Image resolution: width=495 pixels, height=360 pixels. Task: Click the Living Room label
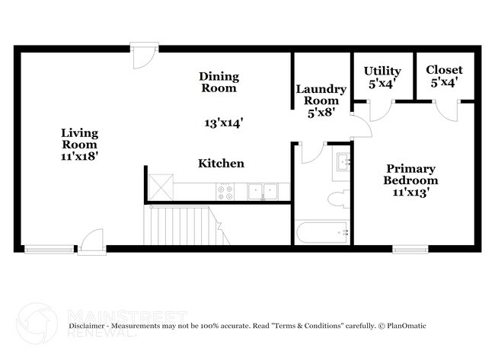(80, 138)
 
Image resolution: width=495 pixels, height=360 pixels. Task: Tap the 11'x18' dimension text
(80, 155)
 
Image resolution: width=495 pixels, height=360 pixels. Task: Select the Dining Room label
(219, 81)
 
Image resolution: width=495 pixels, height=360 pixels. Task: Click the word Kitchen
(221, 163)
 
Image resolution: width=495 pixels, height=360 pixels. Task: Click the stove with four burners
(226, 191)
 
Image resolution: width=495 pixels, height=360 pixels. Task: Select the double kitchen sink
(263, 191)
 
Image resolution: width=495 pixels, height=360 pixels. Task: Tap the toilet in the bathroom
(337, 200)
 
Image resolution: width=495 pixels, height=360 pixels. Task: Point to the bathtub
(322, 231)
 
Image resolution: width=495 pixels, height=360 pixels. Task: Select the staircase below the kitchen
(179, 225)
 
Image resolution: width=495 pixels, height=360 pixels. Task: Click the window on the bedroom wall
(410, 247)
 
